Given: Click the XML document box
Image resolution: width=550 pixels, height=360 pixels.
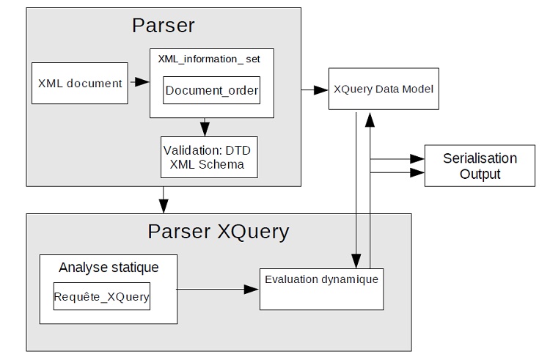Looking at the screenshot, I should [x=80, y=83].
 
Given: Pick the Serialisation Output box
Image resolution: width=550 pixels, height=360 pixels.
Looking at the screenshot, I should [x=480, y=166].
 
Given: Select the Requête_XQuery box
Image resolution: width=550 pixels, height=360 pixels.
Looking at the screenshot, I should [x=101, y=296].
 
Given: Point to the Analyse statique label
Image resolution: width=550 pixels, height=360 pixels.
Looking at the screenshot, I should [x=108, y=268].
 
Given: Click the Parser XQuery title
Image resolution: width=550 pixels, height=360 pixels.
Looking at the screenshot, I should [x=219, y=232].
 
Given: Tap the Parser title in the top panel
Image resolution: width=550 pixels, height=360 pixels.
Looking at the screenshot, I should [x=163, y=25].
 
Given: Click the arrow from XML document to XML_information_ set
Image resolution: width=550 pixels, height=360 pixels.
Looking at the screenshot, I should [x=139, y=83].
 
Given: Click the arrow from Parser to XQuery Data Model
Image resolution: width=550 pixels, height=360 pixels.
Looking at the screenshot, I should [x=315, y=89].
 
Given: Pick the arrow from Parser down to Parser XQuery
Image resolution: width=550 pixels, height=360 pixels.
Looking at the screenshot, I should [x=164, y=197].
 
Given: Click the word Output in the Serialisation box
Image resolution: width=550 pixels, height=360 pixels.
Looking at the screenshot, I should [x=480, y=175].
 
